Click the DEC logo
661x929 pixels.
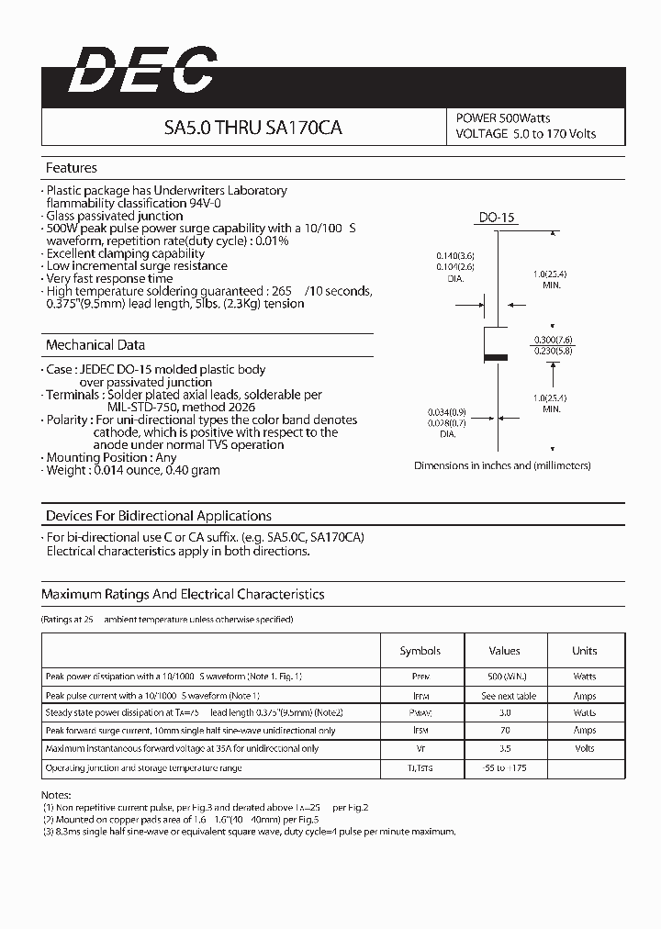[x=142, y=71]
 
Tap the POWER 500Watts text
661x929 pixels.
[x=502, y=118]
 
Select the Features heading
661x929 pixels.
[x=71, y=168]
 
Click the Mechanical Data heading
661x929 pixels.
[x=95, y=345]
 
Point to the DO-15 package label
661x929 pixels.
[x=498, y=218]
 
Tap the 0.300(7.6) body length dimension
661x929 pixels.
[x=552, y=339]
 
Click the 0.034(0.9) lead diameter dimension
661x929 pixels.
[x=447, y=412]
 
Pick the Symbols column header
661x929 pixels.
[x=420, y=651]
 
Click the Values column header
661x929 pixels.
[x=504, y=651]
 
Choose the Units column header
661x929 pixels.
[x=584, y=651]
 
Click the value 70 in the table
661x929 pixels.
[x=504, y=731]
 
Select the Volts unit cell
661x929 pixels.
[x=584, y=749]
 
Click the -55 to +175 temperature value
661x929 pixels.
[x=505, y=767]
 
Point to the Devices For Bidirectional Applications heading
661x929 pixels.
[x=159, y=516]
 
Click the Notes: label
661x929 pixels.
[x=56, y=795]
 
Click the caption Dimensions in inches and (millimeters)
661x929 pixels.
[x=502, y=465]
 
